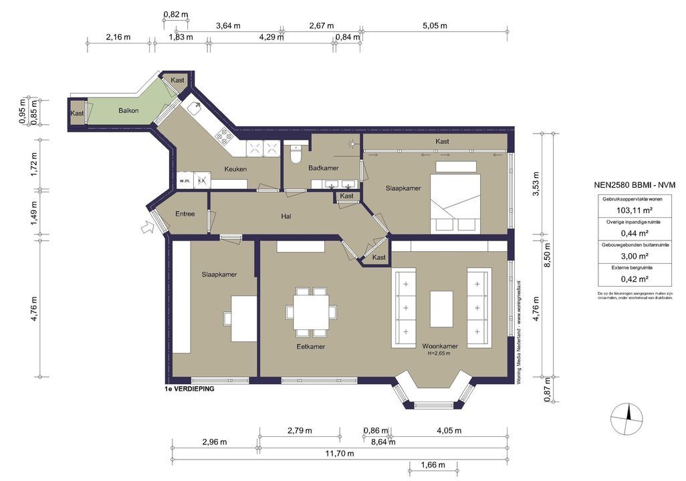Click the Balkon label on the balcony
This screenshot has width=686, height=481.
(x=128, y=111)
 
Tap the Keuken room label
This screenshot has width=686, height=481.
(x=235, y=169)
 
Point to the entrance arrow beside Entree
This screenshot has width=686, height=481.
(x=148, y=228)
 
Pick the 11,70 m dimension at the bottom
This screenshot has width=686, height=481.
(x=339, y=454)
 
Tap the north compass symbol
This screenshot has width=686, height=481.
(x=628, y=420)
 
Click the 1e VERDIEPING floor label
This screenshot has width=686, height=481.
(x=189, y=389)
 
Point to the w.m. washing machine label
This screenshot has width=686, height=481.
(x=185, y=180)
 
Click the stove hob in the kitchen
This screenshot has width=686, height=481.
(x=224, y=137)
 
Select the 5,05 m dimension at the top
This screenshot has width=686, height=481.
(x=435, y=26)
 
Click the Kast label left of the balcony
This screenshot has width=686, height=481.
(x=78, y=114)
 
